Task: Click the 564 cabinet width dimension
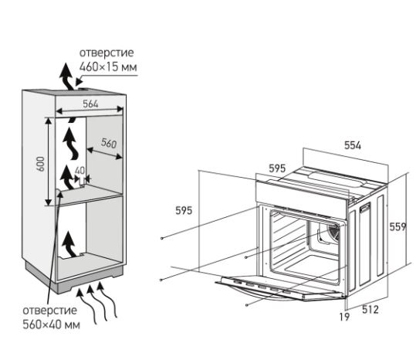(x=90, y=104)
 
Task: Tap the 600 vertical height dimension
(x=41, y=164)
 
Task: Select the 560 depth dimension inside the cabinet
(x=109, y=143)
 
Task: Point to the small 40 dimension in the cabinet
(x=79, y=171)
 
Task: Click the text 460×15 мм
(x=108, y=66)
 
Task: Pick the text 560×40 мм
(x=51, y=324)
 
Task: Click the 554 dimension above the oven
(x=353, y=145)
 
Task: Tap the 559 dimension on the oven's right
(x=397, y=226)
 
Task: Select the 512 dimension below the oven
(x=370, y=310)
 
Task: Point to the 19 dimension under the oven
(x=344, y=317)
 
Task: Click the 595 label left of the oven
(x=184, y=211)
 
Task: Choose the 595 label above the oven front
(x=277, y=168)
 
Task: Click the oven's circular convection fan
(x=333, y=232)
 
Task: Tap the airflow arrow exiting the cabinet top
(x=67, y=77)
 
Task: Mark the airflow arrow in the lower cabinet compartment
(x=69, y=244)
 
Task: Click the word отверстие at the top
(x=107, y=53)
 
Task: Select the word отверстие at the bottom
(x=50, y=311)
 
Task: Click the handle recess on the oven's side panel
(x=365, y=207)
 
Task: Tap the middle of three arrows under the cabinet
(x=96, y=303)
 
